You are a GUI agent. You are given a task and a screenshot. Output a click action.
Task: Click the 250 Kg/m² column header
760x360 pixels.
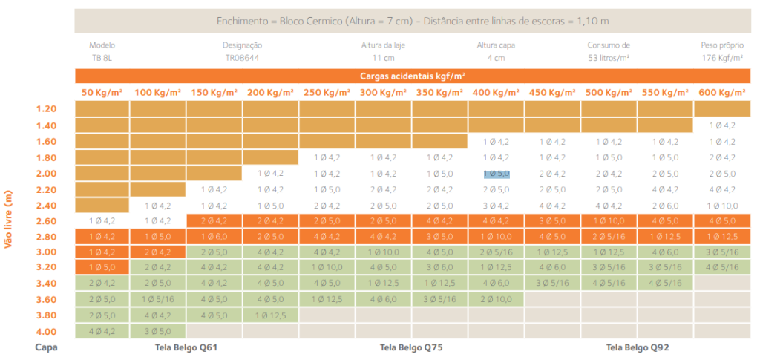(x=327, y=93)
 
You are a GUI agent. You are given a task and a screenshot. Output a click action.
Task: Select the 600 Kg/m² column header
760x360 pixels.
(x=722, y=93)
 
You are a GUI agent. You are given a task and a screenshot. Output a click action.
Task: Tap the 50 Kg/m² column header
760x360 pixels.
(x=102, y=93)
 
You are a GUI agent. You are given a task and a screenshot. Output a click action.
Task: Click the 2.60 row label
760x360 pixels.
(x=47, y=221)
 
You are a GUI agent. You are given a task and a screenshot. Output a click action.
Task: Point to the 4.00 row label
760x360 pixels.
(x=47, y=331)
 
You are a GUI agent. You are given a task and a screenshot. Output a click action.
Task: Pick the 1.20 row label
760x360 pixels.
(x=47, y=109)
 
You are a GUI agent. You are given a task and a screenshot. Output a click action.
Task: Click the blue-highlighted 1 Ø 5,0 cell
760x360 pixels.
(x=497, y=174)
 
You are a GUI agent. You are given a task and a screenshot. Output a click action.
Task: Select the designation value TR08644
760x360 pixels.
(x=243, y=57)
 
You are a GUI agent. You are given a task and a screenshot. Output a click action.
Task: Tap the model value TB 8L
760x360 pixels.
(x=102, y=57)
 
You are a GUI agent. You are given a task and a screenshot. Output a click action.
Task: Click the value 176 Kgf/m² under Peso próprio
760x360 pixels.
(x=722, y=57)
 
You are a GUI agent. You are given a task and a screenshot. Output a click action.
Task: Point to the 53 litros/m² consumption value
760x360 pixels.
(x=609, y=57)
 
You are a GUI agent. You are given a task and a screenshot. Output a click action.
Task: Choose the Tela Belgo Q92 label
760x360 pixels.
(x=637, y=347)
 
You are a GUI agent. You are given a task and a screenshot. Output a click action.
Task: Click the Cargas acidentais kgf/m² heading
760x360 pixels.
(x=413, y=76)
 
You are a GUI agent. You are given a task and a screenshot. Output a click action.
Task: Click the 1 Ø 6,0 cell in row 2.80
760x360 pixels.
(x=214, y=236)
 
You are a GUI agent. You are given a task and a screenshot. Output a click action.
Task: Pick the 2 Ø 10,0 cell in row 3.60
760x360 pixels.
(x=497, y=299)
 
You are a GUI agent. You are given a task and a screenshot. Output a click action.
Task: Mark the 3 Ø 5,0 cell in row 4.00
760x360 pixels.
(x=158, y=331)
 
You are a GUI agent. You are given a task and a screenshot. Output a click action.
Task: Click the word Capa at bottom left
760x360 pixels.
(x=46, y=347)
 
